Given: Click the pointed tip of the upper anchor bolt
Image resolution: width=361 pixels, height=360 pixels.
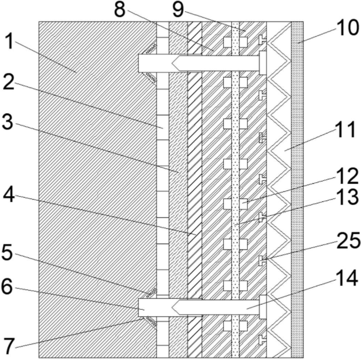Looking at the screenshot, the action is click(174, 64).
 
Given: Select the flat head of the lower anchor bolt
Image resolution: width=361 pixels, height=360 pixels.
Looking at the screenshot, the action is click(262, 307).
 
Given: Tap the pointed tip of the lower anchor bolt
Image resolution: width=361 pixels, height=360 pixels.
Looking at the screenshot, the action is click(174, 307).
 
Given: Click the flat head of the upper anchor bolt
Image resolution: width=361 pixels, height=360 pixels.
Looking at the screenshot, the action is click(262, 64).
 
